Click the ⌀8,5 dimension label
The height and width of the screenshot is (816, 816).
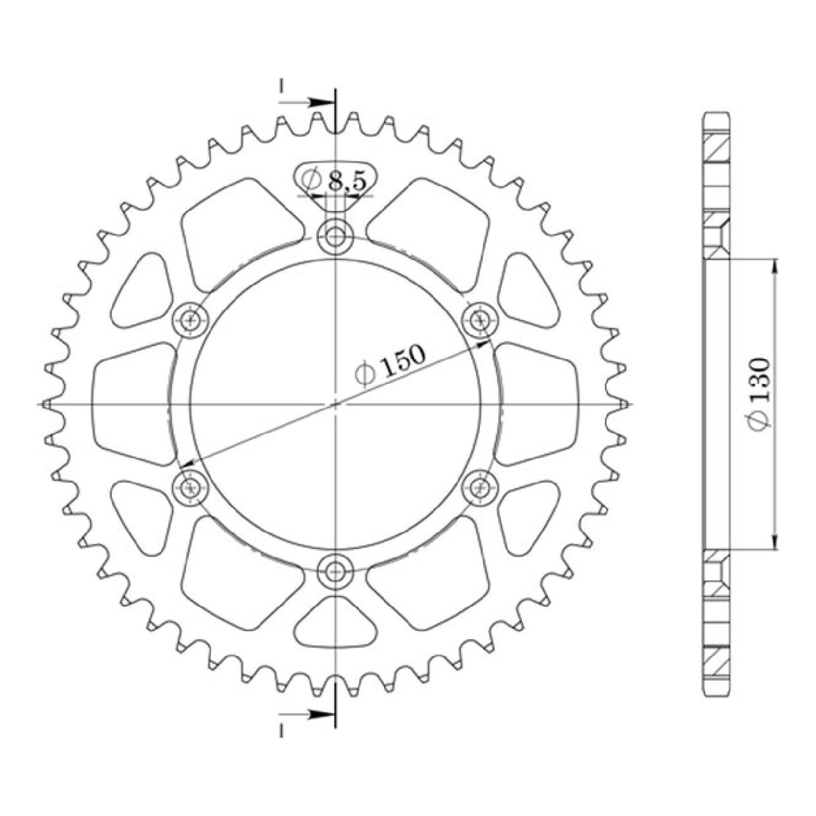pos(335,179)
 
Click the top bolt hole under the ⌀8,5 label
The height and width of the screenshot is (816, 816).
pos(335,236)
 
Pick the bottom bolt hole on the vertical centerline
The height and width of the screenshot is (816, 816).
pos(335,571)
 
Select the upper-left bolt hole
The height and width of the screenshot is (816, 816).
pos(191,319)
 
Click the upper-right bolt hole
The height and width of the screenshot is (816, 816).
pos(480,319)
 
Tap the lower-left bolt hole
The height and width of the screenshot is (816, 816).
pos(191,487)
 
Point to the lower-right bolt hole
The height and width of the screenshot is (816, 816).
pos(480,487)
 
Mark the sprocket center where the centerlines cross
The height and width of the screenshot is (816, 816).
pos(335,404)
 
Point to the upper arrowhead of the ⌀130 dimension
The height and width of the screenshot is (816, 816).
pos(776,265)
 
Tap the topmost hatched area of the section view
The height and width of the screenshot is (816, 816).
pos(717,149)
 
